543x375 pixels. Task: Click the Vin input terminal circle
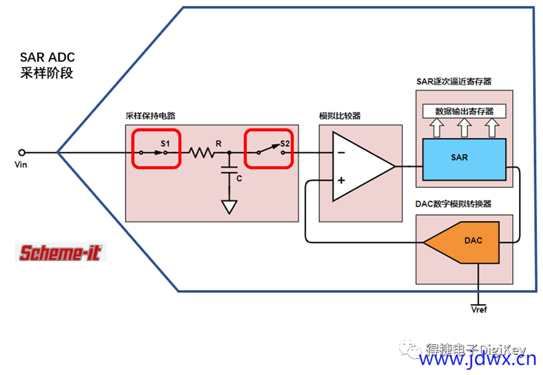(22, 152)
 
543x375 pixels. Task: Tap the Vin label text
(21, 165)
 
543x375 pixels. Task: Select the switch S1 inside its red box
(153, 153)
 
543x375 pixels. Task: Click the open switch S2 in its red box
(271, 149)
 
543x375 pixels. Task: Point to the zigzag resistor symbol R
(202, 153)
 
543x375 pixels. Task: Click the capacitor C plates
(229, 170)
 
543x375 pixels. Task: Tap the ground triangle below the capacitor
(229, 207)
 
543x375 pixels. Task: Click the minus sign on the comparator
(341, 153)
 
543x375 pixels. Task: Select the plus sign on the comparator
(341, 180)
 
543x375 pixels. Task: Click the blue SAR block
(465, 160)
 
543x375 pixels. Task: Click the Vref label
(479, 310)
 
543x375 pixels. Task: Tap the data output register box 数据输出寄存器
(465, 111)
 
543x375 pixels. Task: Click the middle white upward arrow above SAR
(465, 128)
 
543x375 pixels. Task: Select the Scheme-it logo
(60, 253)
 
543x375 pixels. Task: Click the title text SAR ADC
(48, 57)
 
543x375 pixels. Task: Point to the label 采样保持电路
(150, 116)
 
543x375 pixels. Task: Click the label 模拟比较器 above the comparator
(340, 116)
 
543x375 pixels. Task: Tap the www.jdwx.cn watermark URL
(478, 360)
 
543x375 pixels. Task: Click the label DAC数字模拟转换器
(453, 204)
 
